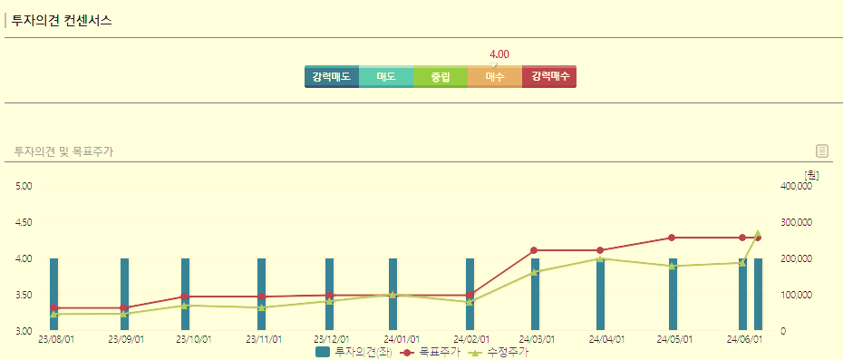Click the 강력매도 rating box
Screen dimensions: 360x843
[332, 77]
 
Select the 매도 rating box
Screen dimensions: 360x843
[386, 77]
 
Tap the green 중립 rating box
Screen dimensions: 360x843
[441, 77]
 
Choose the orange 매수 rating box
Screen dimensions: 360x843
[495, 77]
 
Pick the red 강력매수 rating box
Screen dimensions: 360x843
[549, 77]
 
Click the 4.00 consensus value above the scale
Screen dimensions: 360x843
[499, 54]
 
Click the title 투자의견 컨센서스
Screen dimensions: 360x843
[63, 20]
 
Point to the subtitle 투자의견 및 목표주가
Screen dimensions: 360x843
[63, 151]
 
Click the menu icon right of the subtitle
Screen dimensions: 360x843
[822, 151]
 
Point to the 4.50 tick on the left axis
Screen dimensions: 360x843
[24, 222]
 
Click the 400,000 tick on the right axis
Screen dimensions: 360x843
[796, 186]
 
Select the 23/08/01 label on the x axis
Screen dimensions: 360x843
[57, 339]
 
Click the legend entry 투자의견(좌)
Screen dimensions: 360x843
[354, 352]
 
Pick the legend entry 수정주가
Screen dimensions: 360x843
[499, 352]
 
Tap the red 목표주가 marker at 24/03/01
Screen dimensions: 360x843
[534, 250]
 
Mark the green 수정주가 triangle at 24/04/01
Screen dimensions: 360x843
[600, 258]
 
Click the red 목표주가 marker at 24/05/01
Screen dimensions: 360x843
[672, 238]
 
